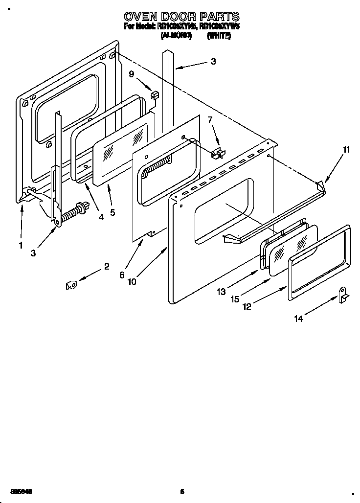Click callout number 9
(131, 74)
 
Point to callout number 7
(210, 120)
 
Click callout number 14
(298, 319)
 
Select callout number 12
(247, 307)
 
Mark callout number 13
(222, 292)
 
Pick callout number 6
(122, 274)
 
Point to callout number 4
(101, 217)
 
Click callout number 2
(106, 267)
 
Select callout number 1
(21, 246)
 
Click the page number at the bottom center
(181, 491)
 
